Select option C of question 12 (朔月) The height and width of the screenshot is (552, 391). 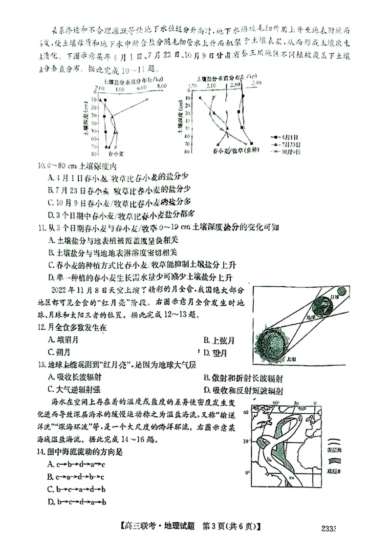pyautogui.click(x=59, y=352)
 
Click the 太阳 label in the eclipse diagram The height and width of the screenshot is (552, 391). pyautogui.click(x=292, y=358)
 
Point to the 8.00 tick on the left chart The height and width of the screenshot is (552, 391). pyautogui.click(x=162, y=87)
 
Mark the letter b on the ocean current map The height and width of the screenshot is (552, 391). pyautogui.click(x=269, y=459)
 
